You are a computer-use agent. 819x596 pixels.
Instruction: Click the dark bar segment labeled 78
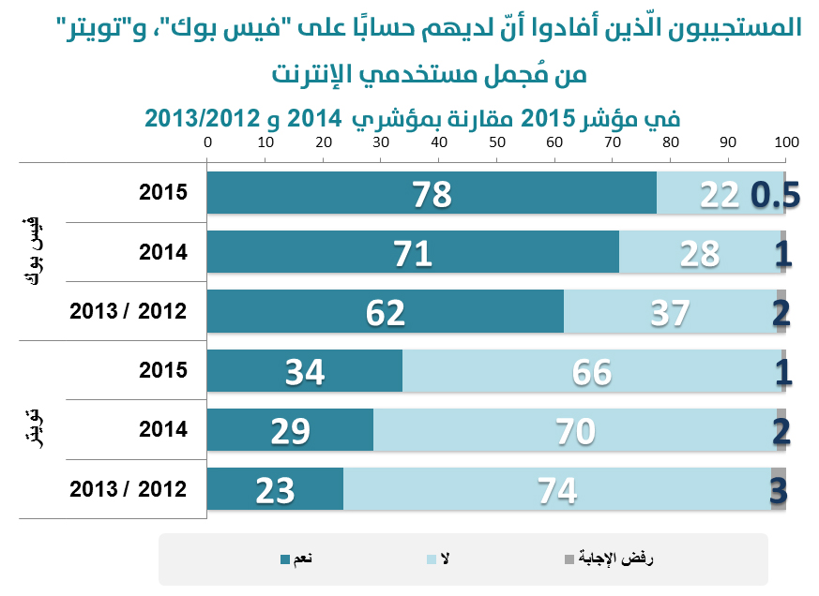coord(432,194)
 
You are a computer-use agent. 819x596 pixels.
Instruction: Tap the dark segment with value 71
coord(413,252)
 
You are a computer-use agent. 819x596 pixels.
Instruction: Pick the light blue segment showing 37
coord(670,312)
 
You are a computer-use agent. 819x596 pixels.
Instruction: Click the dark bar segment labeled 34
coord(305,371)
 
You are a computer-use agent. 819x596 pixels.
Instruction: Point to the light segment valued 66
coord(591,371)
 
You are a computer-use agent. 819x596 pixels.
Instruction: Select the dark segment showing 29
coord(290,430)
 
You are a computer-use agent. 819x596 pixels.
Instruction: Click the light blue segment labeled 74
coord(557,488)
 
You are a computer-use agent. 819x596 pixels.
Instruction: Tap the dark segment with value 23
coord(275,488)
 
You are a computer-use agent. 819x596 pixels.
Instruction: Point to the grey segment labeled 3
coord(778,488)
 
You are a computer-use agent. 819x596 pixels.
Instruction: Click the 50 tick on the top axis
coord(497,143)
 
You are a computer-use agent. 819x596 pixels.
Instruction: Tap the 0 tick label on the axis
coord(208,143)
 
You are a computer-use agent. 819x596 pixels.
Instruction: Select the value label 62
coord(386,313)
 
